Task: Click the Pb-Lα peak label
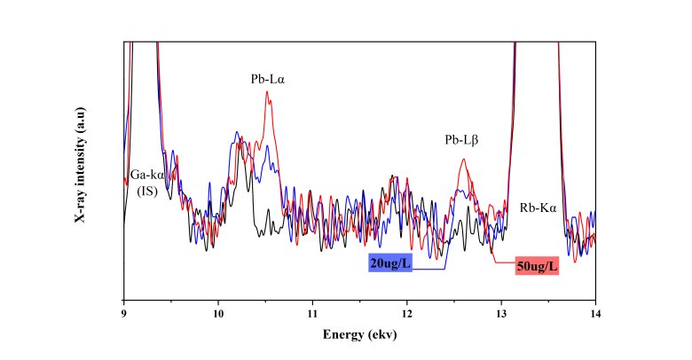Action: (268, 79)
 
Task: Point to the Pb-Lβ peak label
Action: (461, 140)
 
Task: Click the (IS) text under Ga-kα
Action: (147, 191)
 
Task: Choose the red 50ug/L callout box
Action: (537, 266)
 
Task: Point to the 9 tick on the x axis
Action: (123, 311)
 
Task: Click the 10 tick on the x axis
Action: (217, 311)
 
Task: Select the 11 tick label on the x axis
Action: (312, 311)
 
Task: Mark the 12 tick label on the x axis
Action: (406, 311)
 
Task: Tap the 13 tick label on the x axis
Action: (500, 311)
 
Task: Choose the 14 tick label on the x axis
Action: (594, 311)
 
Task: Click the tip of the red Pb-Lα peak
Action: (268, 92)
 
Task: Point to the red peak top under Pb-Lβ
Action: (463, 160)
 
